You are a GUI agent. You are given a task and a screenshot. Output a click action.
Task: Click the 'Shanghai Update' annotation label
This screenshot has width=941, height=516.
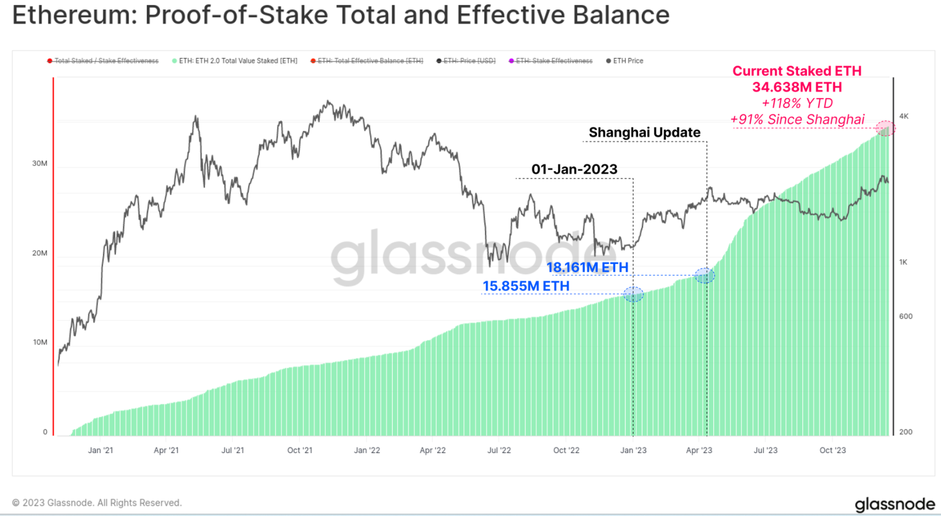click(x=644, y=132)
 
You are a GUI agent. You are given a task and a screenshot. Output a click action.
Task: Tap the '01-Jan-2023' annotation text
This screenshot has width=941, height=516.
click(x=574, y=169)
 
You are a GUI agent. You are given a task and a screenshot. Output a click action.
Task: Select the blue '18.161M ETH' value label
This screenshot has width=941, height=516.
click(x=587, y=267)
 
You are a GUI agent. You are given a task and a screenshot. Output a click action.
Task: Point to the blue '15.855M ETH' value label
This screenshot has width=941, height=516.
click(x=526, y=286)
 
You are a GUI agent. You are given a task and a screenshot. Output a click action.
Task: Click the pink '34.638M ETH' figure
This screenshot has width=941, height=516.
click(x=797, y=87)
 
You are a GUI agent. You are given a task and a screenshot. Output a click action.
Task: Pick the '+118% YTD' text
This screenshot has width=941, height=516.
click(x=797, y=103)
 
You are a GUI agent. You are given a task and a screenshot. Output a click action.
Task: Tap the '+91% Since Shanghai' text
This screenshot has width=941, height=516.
click(x=797, y=120)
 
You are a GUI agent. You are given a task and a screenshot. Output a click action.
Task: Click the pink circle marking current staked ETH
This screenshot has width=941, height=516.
click(x=885, y=129)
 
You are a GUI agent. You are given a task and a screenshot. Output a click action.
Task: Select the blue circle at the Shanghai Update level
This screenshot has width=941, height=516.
click(x=705, y=275)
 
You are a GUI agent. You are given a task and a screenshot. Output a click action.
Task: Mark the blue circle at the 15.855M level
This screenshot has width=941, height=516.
click(x=633, y=294)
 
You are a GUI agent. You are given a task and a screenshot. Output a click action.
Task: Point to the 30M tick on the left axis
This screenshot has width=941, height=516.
click(x=40, y=163)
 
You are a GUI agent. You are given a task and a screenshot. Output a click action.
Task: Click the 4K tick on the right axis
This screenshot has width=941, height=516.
click(x=904, y=116)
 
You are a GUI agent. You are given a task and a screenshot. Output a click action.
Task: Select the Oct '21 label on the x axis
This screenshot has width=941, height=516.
click(x=300, y=451)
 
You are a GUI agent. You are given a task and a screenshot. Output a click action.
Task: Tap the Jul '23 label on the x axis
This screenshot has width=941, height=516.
click(x=765, y=451)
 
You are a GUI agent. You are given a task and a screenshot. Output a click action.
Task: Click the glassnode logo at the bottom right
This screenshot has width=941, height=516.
click(x=895, y=504)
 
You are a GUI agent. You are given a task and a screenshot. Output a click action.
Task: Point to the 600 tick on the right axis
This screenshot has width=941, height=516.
click(x=906, y=317)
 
